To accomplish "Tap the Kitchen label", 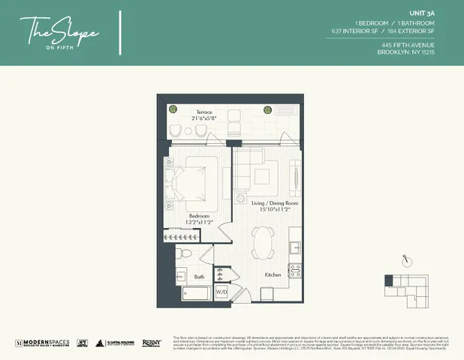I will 273,275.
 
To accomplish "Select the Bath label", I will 198,276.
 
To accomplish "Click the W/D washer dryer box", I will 222,291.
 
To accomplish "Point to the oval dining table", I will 264,244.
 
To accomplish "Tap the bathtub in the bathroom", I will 191,293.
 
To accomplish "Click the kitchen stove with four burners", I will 295,270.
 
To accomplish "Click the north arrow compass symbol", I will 405,259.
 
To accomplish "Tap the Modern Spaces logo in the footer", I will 43,343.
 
